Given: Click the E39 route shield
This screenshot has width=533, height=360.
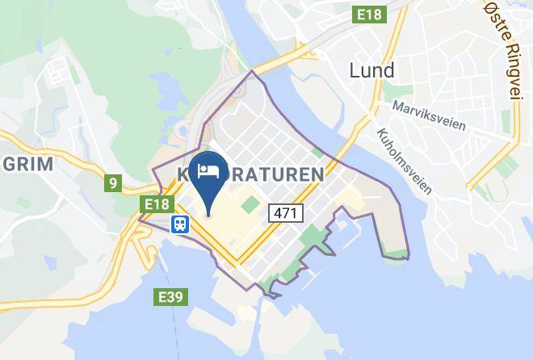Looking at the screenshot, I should (170, 298).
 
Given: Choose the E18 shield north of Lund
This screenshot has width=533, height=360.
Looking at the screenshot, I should (372, 15).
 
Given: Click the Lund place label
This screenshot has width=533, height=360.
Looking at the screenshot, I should (371, 71).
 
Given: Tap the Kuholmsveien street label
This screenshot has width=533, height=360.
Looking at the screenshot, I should (404, 160).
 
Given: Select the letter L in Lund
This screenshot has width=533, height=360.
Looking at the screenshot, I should (354, 71).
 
